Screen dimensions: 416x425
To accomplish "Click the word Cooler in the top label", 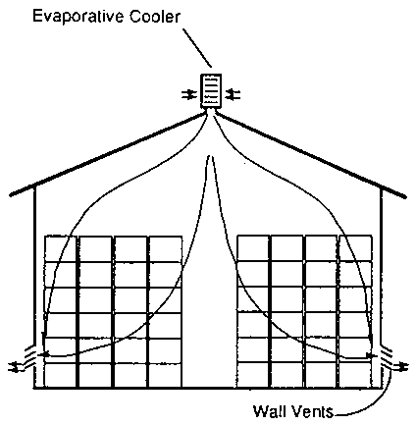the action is [x=155, y=17].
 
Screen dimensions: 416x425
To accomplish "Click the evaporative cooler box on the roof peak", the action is [x=211, y=91].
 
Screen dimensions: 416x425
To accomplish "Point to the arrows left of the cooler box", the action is [x=189, y=95].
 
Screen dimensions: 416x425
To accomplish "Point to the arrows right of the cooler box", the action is [x=234, y=95].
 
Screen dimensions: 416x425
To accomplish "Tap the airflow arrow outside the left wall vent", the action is [x=16, y=366].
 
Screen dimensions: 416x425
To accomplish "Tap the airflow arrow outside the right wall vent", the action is [x=400, y=367].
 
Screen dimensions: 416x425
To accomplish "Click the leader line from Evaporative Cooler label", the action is [x=197, y=48].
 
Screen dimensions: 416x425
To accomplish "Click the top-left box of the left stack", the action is [x=61, y=248].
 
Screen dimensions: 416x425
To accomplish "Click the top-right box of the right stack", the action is [x=355, y=248].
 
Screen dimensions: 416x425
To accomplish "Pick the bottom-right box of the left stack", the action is [x=165, y=375].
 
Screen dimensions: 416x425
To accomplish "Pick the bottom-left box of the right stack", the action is [x=253, y=375].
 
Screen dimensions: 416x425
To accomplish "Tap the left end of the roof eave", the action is [x=12, y=194].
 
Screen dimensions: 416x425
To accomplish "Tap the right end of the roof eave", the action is [x=404, y=197].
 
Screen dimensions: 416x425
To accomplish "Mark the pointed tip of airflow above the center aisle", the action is [x=211, y=157].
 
